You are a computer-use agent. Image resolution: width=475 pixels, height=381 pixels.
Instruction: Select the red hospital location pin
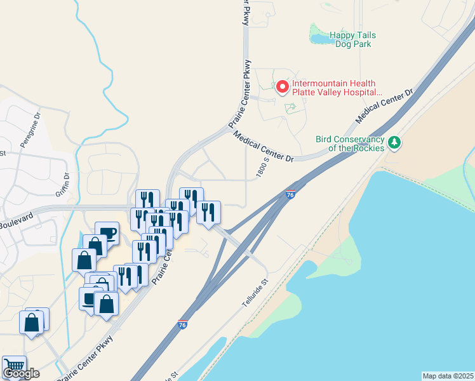[281, 87]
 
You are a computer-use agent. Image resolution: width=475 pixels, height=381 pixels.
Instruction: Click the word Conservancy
[360, 139]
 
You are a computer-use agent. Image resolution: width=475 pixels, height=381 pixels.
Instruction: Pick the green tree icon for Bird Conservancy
[394, 143]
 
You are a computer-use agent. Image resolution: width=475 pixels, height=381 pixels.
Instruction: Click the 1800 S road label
[264, 168]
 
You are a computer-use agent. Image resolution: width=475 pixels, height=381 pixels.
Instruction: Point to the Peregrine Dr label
[30, 130]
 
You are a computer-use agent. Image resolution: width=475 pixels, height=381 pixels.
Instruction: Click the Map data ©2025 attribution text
[448, 376]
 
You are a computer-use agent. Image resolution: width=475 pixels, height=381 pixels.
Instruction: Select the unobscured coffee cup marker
[107, 232]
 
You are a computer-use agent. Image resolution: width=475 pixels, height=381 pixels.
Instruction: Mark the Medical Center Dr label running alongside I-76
[385, 105]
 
